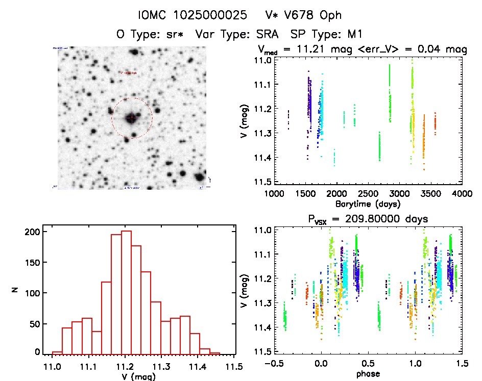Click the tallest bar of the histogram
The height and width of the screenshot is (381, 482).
coord(126,292)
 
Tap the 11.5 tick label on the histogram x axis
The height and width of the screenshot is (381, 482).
coord(234,368)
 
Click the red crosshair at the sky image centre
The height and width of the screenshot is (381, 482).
coord(132,118)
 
